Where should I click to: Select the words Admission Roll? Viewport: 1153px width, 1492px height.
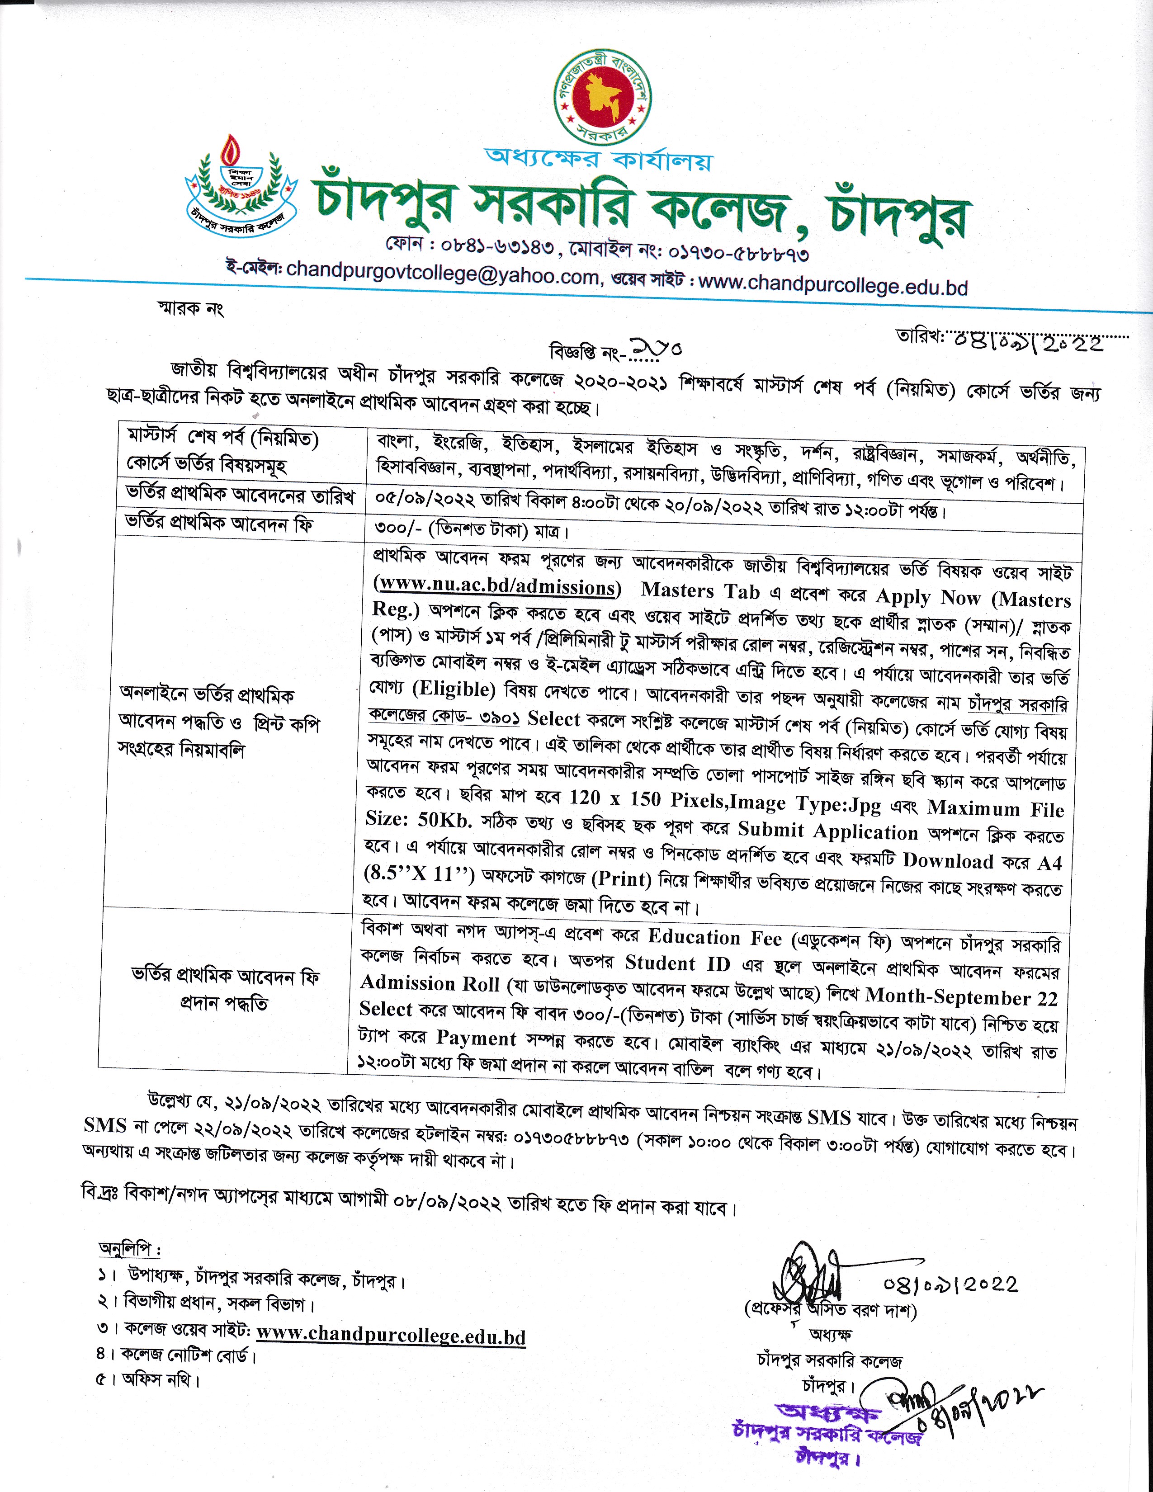430,983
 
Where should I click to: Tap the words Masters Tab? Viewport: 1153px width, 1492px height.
700,590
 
